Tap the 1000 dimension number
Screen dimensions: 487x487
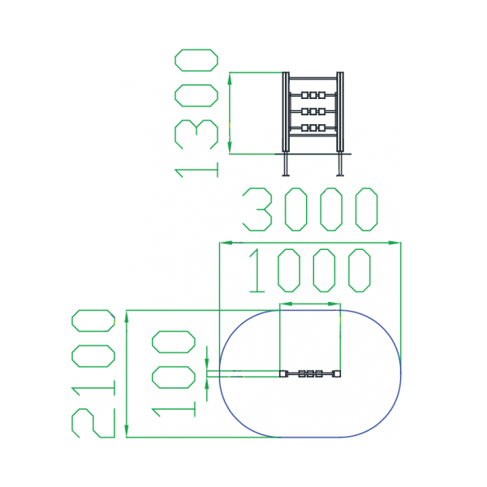308,270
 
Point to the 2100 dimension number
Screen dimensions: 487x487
93,373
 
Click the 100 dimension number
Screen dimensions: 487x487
174,373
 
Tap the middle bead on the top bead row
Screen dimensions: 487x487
313,96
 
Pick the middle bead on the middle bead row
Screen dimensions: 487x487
313,111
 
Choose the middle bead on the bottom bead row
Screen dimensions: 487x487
313,127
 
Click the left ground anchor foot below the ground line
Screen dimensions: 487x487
286,165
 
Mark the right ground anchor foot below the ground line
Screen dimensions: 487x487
340,165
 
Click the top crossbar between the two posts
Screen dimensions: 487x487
313,79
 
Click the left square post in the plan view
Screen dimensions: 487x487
282,374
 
